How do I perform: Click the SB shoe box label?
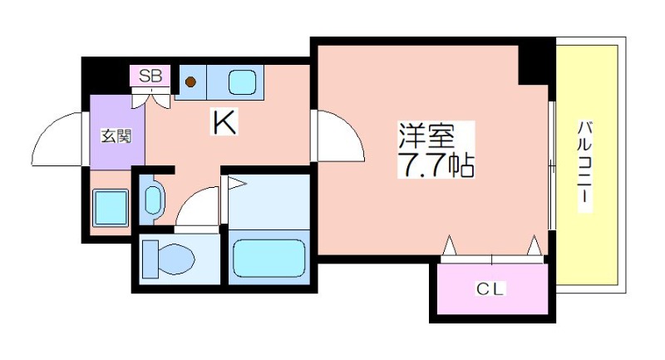pyautogui.click(x=150, y=76)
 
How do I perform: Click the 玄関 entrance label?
pyautogui.click(x=111, y=136)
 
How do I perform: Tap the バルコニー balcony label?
pyautogui.click(x=584, y=167)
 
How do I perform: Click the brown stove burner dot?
pyautogui.click(x=190, y=81)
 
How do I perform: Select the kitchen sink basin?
pyautogui.click(x=242, y=81)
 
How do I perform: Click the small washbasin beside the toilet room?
pyautogui.click(x=154, y=200)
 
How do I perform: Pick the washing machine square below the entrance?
pyautogui.click(x=110, y=207)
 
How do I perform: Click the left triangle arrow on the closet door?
pyautogui.click(x=449, y=246)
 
